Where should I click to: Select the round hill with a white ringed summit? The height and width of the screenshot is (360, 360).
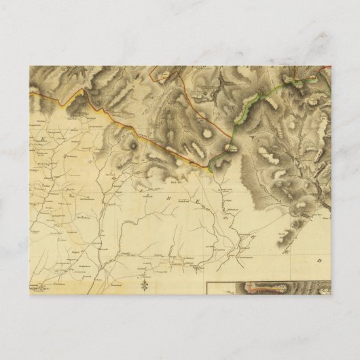(x=133, y=145)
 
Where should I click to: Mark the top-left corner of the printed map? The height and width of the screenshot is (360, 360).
(x=30, y=66)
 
